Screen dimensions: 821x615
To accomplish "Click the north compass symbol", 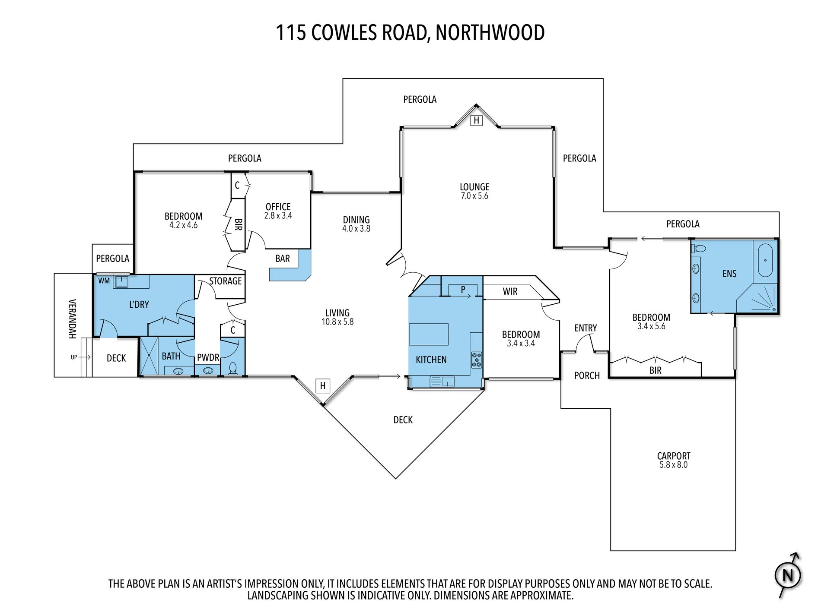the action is coord(787,575).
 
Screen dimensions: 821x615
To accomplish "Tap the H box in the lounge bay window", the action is coord(476,120).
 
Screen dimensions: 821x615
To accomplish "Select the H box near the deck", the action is coord(323,386).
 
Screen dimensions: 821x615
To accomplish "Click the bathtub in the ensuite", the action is coord(765,260).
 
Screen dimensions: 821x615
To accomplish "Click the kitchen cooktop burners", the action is coord(476,360).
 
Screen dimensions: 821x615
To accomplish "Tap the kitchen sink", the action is coord(442,381).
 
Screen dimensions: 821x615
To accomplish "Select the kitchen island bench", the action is coord(428,334).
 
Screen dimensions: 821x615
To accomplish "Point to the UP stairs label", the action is coord(74,357).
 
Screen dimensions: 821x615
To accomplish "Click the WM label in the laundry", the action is coord(104,281).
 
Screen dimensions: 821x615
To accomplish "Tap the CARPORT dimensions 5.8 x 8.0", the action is coord(673,465).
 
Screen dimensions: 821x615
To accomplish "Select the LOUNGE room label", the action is coord(474,187).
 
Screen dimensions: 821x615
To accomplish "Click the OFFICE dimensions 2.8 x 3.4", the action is coord(278,216).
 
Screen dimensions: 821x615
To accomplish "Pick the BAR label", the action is coord(283,259).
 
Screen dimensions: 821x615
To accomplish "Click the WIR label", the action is coord(510,291).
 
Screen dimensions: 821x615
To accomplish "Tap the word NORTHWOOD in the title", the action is coord(490,33).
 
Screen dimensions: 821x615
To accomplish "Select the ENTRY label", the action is coord(586,328).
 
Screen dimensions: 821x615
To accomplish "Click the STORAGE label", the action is coord(225,281).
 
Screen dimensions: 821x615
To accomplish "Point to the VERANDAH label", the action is coord(73,319).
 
